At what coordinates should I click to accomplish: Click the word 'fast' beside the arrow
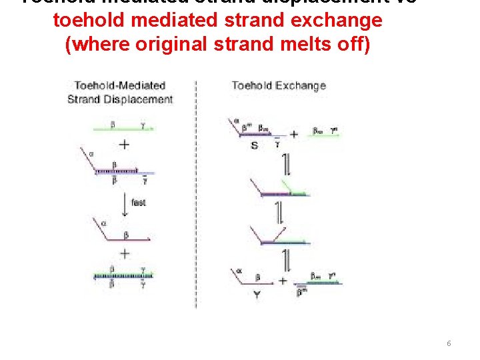[139, 203]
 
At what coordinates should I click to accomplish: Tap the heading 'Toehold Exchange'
[279, 85]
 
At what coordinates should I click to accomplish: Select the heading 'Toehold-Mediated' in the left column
[120, 85]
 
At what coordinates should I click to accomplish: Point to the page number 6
[449, 343]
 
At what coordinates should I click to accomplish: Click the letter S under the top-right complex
[254, 145]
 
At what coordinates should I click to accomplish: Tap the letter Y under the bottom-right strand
[257, 295]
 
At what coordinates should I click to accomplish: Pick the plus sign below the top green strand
[124, 145]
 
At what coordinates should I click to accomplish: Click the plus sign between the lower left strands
[124, 253]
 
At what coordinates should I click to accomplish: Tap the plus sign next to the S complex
[293, 134]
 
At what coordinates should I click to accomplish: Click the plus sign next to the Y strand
[283, 281]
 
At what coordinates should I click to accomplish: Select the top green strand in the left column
[123, 128]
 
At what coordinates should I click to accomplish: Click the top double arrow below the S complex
[285, 164]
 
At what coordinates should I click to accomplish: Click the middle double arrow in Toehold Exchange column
[281, 212]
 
